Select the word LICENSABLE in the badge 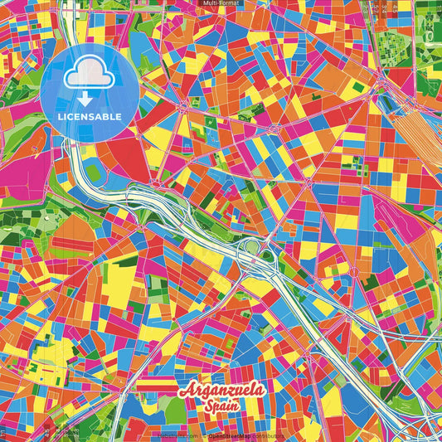(x=89, y=117)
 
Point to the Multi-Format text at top (x=220, y=3)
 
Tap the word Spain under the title (x=222, y=405)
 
